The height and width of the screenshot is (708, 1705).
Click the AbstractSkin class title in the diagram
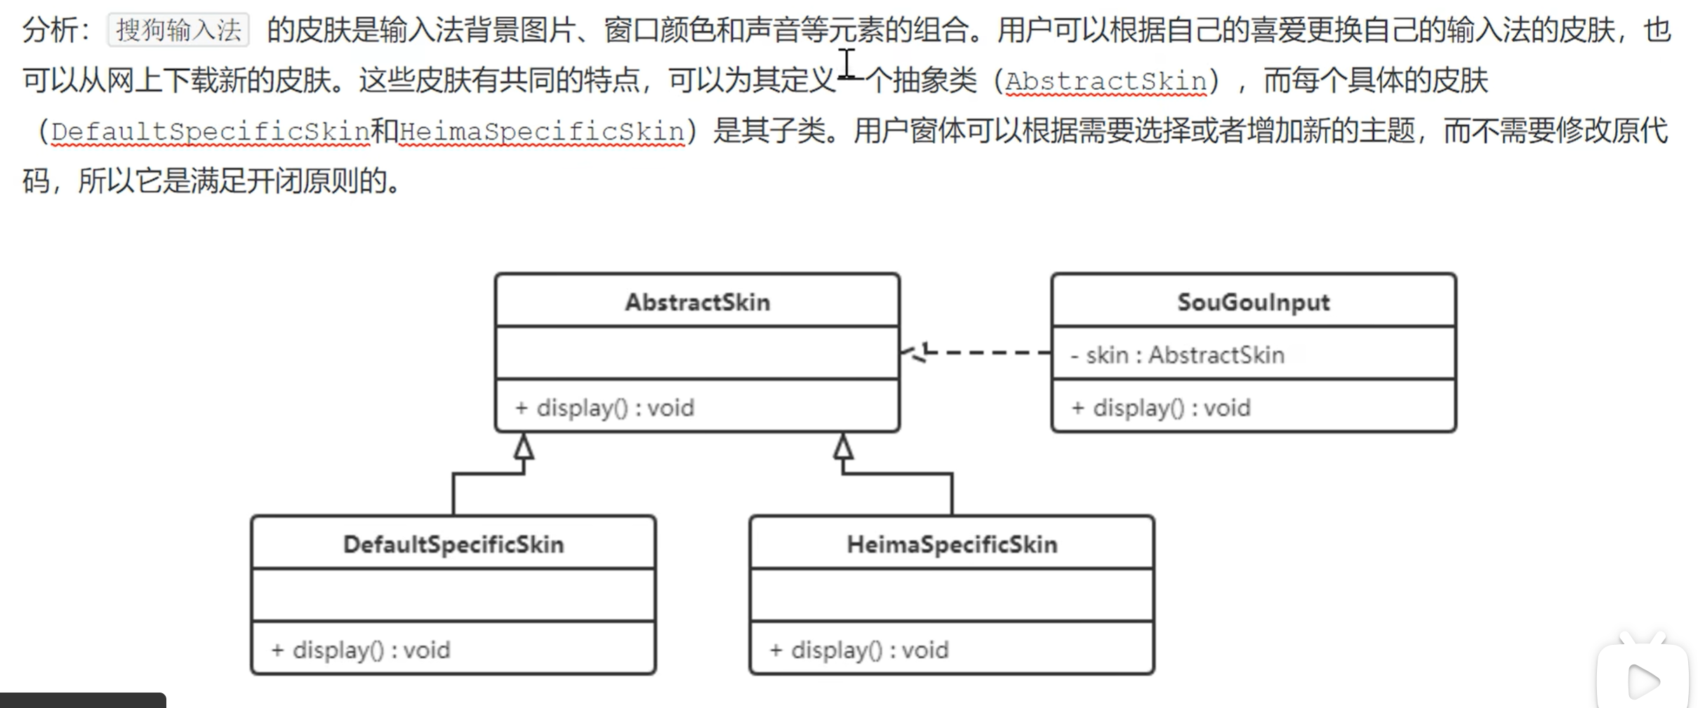[x=697, y=302]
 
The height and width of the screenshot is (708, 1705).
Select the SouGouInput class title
[x=1253, y=302]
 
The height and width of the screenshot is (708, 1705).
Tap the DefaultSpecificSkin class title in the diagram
[x=453, y=545]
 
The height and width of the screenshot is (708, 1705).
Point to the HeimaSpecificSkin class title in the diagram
[x=952, y=545]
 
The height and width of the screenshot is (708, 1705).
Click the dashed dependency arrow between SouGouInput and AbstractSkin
[x=983, y=352]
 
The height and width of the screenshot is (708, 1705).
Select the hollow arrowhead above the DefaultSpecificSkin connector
[x=524, y=447]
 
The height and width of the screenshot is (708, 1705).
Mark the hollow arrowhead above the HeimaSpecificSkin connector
[x=843, y=447]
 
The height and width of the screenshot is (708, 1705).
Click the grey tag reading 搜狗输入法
[x=178, y=30]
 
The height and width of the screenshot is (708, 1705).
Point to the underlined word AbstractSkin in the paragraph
[x=1106, y=81]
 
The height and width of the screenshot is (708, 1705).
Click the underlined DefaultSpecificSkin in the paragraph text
[x=211, y=131]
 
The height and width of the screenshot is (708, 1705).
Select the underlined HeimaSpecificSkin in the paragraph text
[x=542, y=131]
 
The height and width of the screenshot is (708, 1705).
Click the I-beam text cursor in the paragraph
[x=847, y=64]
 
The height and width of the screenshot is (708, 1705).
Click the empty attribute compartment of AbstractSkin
[x=697, y=353]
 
